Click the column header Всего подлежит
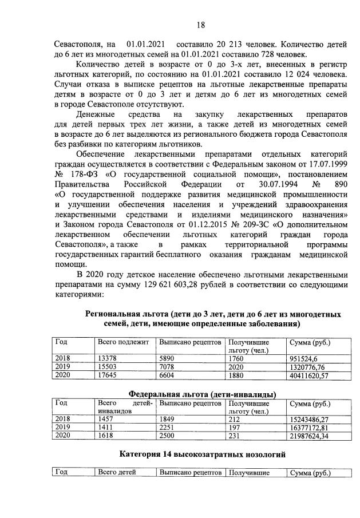[123, 342]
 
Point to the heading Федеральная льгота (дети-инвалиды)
[203, 394]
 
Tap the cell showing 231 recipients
[235, 436]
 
